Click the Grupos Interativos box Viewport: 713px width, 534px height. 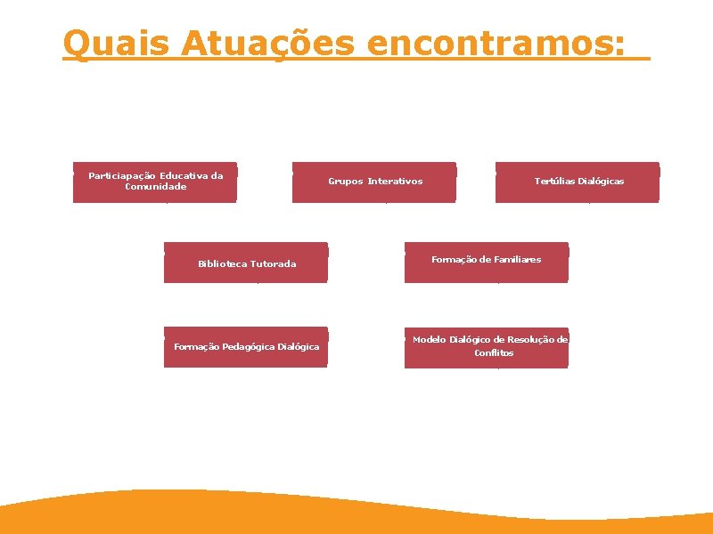tap(374, 182)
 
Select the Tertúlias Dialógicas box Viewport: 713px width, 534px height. tap(578, 182)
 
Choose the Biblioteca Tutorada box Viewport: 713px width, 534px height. tap(246, 263)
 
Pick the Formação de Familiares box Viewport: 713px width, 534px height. tap(486, 263)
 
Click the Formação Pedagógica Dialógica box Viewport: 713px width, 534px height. tap(246, 347)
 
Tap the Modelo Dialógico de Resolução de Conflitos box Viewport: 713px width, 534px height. tap(486, 347)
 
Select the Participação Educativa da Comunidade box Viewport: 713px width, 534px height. tap(155, 182)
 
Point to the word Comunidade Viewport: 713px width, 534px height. tap(156, 187)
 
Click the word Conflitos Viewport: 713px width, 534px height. tap(494, 353)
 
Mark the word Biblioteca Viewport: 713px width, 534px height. tap(222, 264)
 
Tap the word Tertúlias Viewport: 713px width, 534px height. tap(554, 182)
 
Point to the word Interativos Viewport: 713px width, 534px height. tap(395, 182)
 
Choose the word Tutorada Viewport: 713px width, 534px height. tap(273, 264)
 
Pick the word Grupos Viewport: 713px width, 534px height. tap(345, 182)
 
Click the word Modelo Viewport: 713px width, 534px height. tap(429, 340)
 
